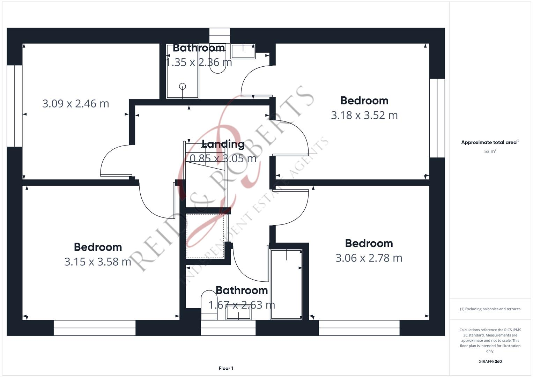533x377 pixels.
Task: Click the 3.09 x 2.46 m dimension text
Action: coord(75,104)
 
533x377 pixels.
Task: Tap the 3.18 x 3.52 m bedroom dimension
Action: coord(364,115)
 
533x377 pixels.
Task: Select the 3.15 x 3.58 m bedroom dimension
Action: coord(98,261)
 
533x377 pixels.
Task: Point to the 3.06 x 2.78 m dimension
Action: coord(369,258)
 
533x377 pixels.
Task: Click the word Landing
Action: coord(223,144)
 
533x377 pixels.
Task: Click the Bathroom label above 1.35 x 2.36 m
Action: coord(199,48)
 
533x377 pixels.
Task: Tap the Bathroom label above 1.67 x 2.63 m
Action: coord(242,290)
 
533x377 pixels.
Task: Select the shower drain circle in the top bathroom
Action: coord(183,86)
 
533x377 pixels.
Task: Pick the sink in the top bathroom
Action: coord(243,51)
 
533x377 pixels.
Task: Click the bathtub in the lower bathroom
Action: coord(286,284)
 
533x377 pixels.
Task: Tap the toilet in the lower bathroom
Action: coord(209,305)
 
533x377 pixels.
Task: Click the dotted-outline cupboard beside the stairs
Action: coord(205,236)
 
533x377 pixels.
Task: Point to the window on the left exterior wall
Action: coord(15,106)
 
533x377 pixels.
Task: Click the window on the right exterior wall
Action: coord(437,118)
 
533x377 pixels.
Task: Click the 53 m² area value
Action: coord(490,151)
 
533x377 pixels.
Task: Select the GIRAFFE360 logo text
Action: coord(490,362)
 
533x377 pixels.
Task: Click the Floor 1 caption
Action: coord(226,368)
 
